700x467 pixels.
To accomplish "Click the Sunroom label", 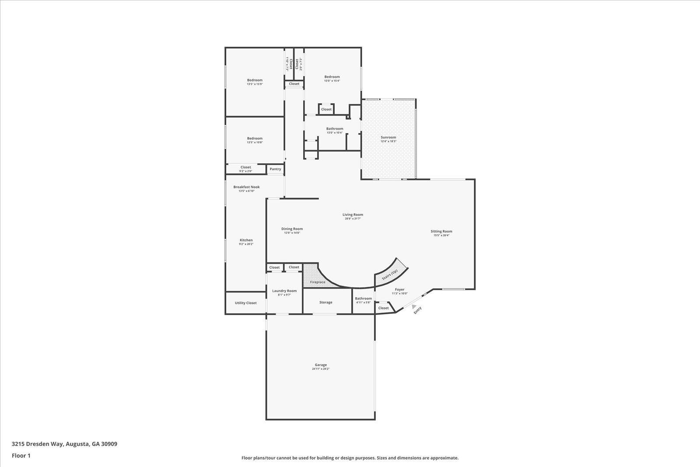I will [388, 137].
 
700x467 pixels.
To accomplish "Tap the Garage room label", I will [321, 365].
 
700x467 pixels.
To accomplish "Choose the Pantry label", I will [275, 169].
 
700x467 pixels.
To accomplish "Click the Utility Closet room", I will [245, 303].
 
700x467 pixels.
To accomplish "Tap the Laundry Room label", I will [284, 291].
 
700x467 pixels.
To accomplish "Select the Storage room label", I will [325, 302].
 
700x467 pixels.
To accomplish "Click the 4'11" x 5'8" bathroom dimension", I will [363, 302].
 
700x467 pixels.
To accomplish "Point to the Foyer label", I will [399, 289].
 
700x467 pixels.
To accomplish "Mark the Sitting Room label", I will [441, 231].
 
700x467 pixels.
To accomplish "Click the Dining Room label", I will [292, 228].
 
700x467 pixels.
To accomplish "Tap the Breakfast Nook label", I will [246, 187].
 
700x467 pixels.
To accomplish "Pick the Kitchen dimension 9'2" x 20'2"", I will [246, 244].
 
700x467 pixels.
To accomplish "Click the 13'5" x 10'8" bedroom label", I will [255, 142].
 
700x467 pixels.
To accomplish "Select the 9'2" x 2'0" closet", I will [245, 171].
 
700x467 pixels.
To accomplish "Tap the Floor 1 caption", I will [21, 456].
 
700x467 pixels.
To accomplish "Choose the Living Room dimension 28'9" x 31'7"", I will [353, 218].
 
